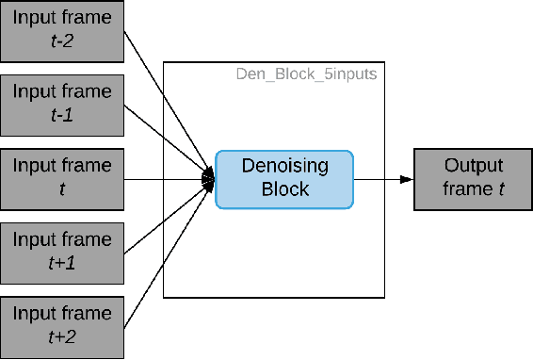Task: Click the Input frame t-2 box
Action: tap(62, 31)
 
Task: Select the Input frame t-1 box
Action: tap(62, 105)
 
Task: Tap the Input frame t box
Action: tap(62, 177)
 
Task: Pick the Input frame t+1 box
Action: tap(62, 251)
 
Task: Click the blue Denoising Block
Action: tap(284, 178)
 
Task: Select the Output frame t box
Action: tap(474, 178)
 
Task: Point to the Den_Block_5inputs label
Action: tap(306, 73)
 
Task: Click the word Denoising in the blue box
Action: tap(284, 167)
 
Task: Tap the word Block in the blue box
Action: tap(284, 188)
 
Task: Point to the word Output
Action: tap(474, 166)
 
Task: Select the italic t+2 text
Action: tap(62, 336)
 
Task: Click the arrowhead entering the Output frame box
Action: tap(407, 178)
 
